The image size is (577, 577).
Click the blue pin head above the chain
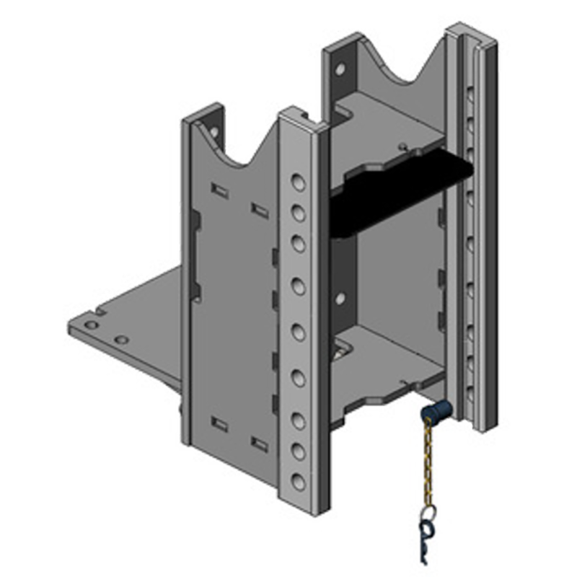pos(434,413)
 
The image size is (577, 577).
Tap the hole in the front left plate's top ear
pos(214,132)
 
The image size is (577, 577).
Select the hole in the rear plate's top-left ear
pos(340,70)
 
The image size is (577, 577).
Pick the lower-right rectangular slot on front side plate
pos(259,443)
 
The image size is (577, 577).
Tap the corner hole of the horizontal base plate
pos(91,325)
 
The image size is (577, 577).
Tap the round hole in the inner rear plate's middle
pos(340,298)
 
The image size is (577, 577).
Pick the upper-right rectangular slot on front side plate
pos(259,210)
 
